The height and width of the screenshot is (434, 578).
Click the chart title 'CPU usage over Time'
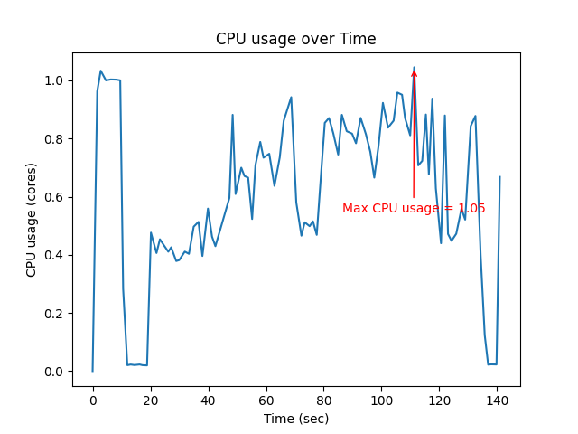tap(295, 39)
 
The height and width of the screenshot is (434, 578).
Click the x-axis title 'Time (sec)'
tap(295, 419)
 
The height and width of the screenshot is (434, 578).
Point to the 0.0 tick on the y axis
tap(55, 372)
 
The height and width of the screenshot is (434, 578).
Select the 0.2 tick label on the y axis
tap(55, 314)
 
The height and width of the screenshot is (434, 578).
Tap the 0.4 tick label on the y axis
tap(55, 255)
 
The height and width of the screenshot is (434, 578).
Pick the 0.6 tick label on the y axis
tap(55, 197)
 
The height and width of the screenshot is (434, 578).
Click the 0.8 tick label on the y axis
tap(55, 139)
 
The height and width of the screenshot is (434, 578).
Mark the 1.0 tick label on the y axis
tap(55, 81)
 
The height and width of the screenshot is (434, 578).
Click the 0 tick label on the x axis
tap(92, 400)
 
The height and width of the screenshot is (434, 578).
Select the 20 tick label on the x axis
tap(150, 400)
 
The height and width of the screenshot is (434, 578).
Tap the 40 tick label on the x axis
tap(208, 400)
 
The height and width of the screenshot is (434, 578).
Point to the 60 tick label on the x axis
tap(266, 400)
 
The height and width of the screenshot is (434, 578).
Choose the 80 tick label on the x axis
tap(324, 400)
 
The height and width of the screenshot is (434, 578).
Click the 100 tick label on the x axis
tap(382, 400)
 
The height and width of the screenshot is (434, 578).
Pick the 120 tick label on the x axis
tap(440, 400)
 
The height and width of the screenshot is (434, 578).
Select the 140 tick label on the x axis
tap(498, 400)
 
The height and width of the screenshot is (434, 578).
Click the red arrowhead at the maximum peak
tap(414, 72)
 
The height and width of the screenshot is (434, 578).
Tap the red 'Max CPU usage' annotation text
tap(414, 209)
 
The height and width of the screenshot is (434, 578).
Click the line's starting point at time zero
tap(92, 371)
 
